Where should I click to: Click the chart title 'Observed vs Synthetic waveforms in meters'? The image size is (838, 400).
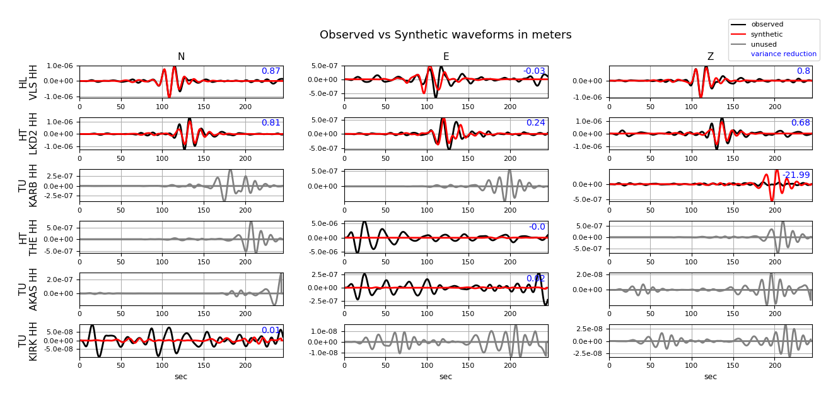tap(445, 35)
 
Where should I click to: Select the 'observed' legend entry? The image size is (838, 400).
tap(767, 25)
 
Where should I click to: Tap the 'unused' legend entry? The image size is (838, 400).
tap(764, 45)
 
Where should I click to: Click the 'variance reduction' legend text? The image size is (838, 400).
tap(783, 54)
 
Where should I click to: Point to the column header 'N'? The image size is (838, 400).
tap(181, 57)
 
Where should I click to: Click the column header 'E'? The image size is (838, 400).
tap(446, 57)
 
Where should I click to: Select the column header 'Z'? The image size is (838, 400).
tap(711, 57)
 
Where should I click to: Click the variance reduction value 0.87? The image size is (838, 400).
tap(271, 71)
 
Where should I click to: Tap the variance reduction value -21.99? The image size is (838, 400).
tap(796, 175)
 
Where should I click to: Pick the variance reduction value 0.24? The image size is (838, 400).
tap(535, 123)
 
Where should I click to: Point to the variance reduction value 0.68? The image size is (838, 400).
tap(800, 123)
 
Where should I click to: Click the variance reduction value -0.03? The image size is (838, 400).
tap(533, 71)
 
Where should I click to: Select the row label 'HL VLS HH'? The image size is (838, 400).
tap(28, 82)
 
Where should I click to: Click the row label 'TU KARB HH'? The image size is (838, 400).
tap(28, 185)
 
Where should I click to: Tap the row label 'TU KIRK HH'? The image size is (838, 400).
tap(28, 341)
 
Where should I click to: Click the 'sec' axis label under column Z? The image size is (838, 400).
tap(711, 377)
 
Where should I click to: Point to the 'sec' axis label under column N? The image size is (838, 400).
tap(181, 377)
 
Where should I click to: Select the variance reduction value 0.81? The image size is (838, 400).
tap(271, 123)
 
